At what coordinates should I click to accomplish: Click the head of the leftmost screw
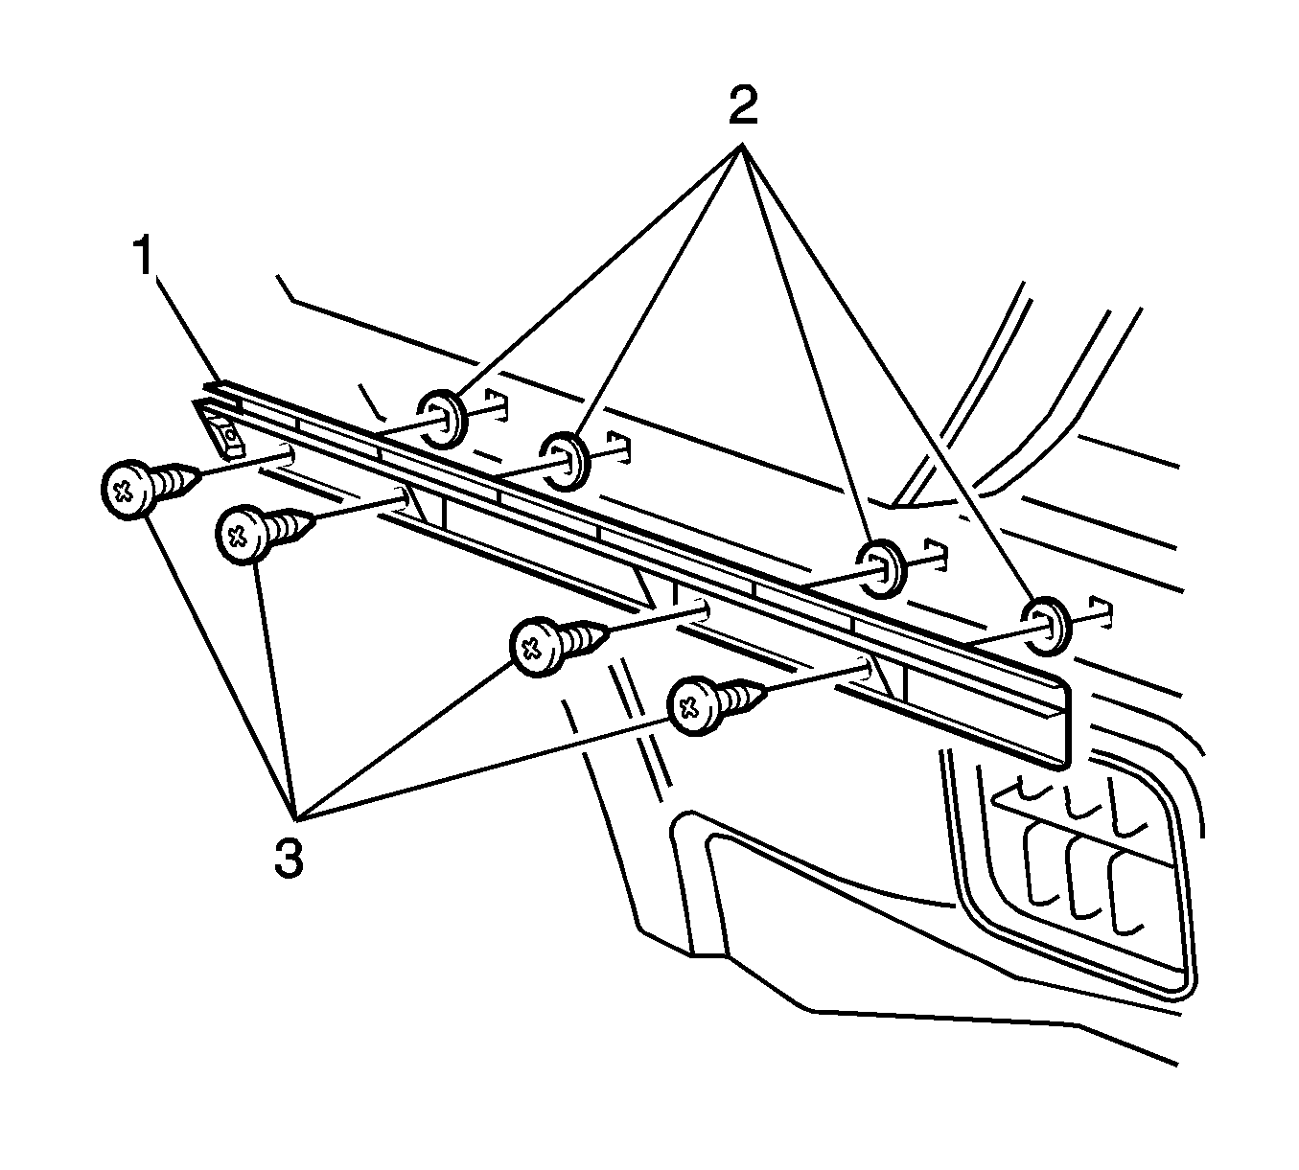pos(124,491)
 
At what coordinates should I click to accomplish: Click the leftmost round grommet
pos(441,420)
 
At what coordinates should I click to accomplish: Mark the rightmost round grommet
pos(1046,624)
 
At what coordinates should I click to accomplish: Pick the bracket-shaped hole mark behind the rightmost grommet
pos(1104,613)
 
